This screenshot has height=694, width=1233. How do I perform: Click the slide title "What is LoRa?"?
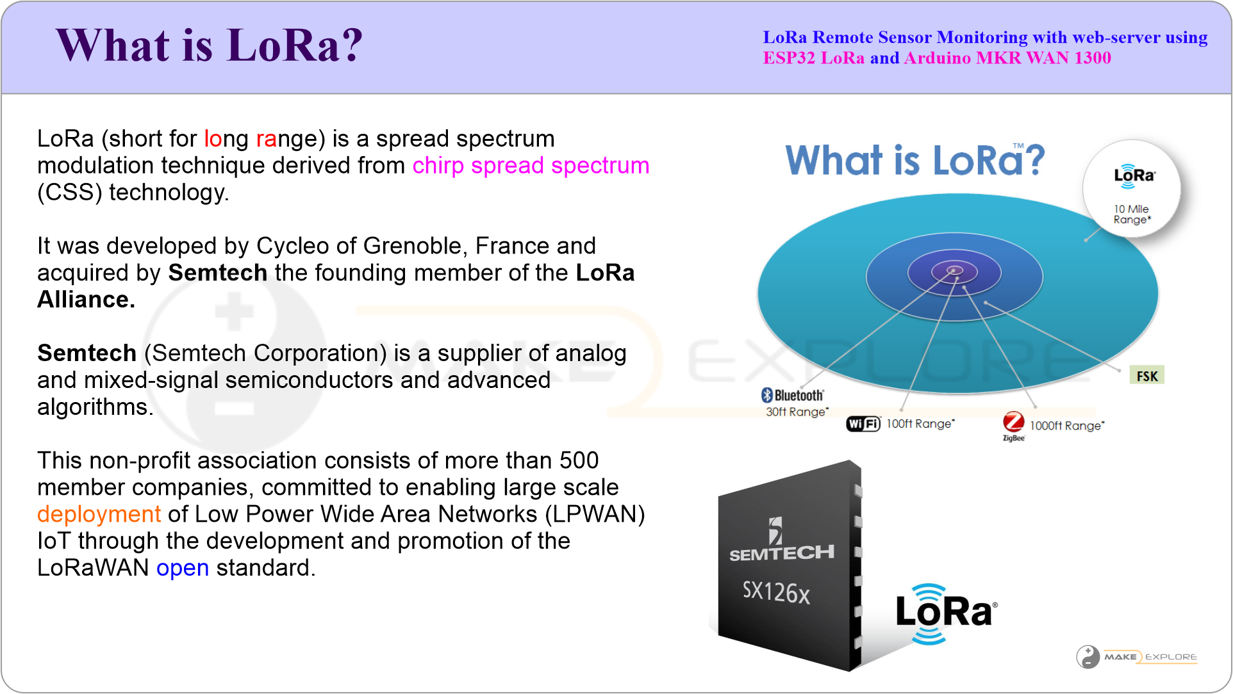tap(210, 45)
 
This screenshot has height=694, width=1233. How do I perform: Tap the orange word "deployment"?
tap(99, 514)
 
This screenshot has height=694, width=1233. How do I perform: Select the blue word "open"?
tap(183, 568)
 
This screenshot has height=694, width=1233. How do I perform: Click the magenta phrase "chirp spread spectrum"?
tap(531, 166)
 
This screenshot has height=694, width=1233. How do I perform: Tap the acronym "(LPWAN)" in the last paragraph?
tap(595, 514)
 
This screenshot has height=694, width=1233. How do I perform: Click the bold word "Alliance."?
tap(86, 300)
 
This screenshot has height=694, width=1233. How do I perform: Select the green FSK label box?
tap(1146, 376)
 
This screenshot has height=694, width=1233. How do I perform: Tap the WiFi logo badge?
tap(863, 424)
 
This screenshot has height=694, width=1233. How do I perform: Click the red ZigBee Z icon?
tap(1013, 421)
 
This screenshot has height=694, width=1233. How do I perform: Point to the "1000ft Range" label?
tap(1067, 426)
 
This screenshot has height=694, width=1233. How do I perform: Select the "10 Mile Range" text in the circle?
tap(1132, 214)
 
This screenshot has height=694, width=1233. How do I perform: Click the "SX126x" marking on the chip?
tap(776, 592)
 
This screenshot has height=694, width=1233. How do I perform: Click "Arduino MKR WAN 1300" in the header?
tap(1007, 58)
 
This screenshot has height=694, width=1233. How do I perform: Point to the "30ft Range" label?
tap(797, 412)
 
